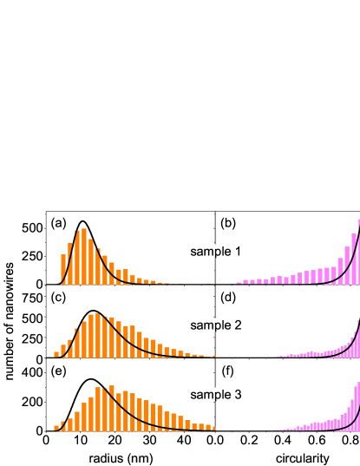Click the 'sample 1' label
[x=216, y=252]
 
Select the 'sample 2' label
[x=216, y=325]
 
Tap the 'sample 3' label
[x=216, y=395]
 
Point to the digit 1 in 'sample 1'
[x=238, y=252]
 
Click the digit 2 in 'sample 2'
[x=238, y=325]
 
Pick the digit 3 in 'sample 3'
[x=238, y=395]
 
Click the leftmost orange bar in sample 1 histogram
[x=63, y=269]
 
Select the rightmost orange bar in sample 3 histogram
[x=212, y=428]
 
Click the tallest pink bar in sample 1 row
[x=357, y=252]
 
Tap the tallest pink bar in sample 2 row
[x=357, y=334]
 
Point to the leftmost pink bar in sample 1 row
[x=239, y=282]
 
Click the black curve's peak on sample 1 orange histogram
[x=83, y=230]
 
